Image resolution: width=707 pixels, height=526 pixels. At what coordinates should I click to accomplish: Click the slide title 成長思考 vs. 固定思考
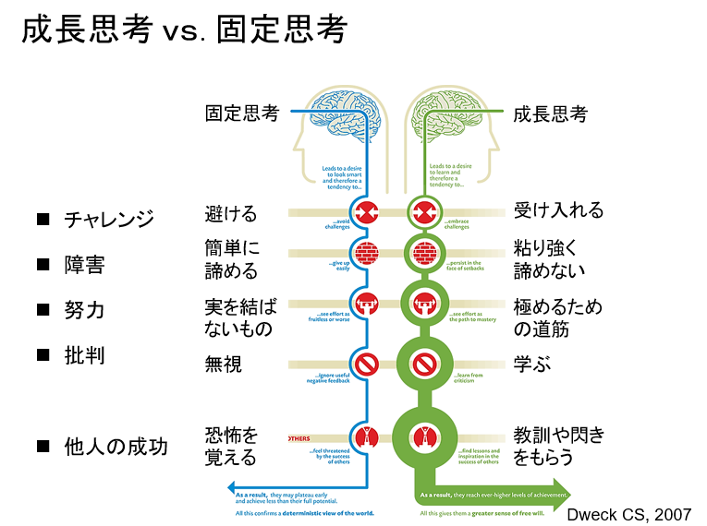[184, 30]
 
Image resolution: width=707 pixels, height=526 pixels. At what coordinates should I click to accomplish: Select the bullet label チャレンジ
[108, 221]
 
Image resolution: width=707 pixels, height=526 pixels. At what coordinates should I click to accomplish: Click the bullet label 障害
[84, 266]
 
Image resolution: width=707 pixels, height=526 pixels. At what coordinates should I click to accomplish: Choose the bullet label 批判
[84, 355]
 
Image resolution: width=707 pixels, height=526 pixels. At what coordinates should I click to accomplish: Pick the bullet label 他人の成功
[116, 447]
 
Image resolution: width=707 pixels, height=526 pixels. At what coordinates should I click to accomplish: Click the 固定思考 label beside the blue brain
[241, 114]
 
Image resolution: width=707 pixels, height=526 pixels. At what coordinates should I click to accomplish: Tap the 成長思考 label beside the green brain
[550, 114]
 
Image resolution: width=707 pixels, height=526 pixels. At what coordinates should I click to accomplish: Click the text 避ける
[230, 213]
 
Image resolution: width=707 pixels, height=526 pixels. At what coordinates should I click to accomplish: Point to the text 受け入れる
[558, 211]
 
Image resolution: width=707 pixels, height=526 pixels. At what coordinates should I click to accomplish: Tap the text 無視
[223, 365]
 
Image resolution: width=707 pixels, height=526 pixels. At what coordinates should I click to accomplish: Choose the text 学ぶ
[532, 365]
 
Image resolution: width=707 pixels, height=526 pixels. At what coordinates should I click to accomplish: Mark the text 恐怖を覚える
[231, 446]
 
